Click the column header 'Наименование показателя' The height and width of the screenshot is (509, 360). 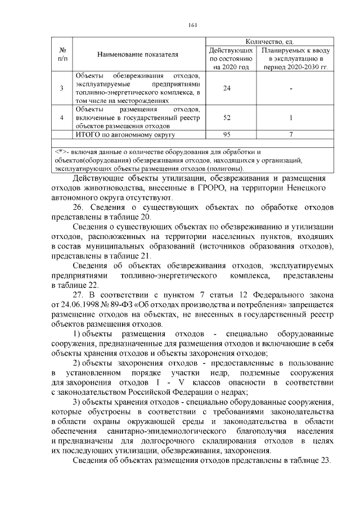137,55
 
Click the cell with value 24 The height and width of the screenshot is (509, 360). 228,87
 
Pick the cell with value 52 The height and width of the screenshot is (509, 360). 228,118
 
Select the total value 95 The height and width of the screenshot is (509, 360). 228,135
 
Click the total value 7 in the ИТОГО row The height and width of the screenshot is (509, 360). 291,135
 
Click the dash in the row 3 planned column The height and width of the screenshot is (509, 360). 291,87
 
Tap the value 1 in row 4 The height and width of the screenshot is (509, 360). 291,118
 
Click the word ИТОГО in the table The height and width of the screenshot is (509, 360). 87,135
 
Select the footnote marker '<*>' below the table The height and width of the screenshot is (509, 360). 61,152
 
